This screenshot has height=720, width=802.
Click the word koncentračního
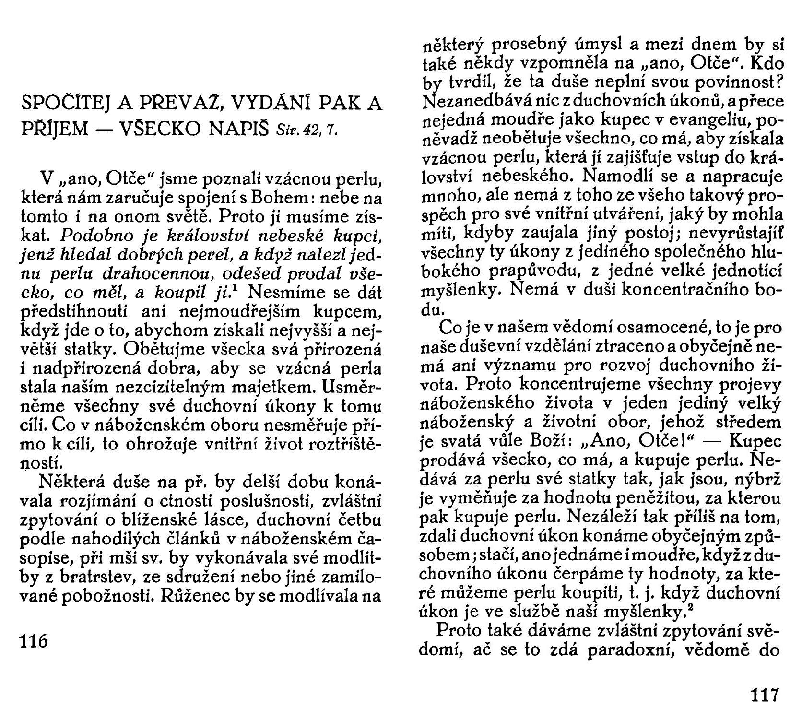pyautogui.click(x=681, y=292)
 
